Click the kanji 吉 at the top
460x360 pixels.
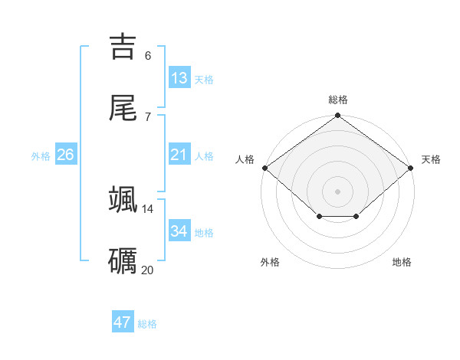(x=123, y=47)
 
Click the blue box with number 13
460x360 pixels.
(x=179, y=78)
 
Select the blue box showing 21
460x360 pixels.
(x=179, y=155)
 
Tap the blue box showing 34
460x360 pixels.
(x=179, y=231)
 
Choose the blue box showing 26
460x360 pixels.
(x=65, y=155)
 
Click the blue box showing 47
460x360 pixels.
(x=123, y=322)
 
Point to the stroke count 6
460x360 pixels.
(x=147, y=56)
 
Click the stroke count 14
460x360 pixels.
(x=147, y=208)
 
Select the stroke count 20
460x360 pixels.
(x=147, y=270)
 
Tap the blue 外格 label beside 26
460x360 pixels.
(x=41, y=156)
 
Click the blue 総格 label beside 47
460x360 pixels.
(x=147, y=324)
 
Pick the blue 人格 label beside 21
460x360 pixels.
(x=204, y=156)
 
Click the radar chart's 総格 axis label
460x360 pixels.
(x=338, y=100)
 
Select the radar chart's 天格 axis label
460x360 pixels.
(x=431, y=159)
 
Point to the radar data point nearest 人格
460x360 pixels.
(x=264, y=167)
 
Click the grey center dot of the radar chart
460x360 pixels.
(x=338, y=191)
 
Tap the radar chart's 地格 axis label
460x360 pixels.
(x=402, y=262)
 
